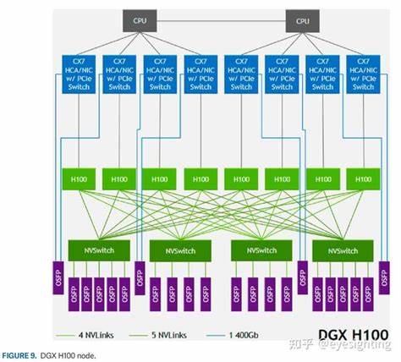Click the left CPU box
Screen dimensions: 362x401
pos(140,19)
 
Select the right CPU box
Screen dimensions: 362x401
pos(302,19)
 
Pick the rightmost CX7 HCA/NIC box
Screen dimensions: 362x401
pos(363,74)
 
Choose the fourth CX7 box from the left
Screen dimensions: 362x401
pos(200,74)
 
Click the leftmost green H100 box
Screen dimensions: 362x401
pos(79,178)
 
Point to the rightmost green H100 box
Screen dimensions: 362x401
pos(363,178)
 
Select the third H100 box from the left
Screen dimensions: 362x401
pos(160,178)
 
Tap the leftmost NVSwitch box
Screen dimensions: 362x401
pos(99,251)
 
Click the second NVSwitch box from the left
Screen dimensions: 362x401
pos(180,251)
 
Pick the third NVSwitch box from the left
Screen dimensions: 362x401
pos(261,251)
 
